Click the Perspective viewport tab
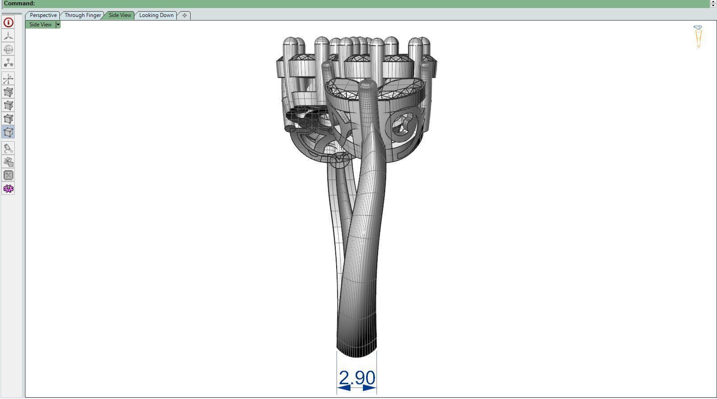[x=43, y=15]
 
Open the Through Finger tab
[x=83, y=15]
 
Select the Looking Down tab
[x=156, y=15]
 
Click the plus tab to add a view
[x=184, y=15]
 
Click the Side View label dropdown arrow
[x=58, y=25]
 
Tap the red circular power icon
[x=8, y=22]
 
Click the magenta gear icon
[x=8, y=189]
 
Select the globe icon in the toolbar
[x=8, y=49]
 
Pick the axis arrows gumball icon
[x=8, y=79]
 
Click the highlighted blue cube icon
[x=8, y=132]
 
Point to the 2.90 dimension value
[x=357, y=378]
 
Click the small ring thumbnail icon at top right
[x=698, y=36]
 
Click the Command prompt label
[x=19, y=4]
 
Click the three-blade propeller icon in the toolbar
[x=8, y=36]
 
